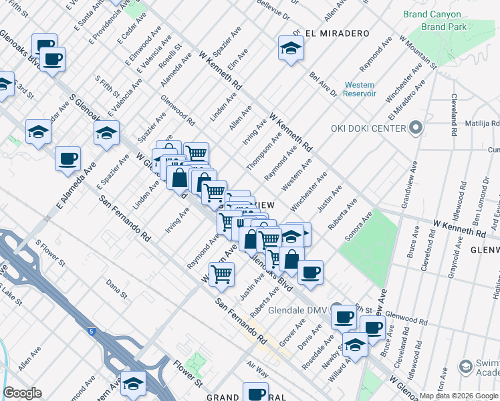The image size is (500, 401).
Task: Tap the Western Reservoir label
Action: [x=360, y=89]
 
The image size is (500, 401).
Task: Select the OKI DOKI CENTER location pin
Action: [x=416, y=127]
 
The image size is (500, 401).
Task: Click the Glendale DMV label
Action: [x=301, y=311]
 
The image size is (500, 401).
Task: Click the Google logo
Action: [x=23, y=393]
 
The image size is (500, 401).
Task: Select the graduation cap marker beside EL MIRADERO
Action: [x=291, y=49]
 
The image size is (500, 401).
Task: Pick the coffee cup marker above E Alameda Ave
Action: [x=68, y=160]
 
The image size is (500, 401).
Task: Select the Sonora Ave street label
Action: [x=357, y=227]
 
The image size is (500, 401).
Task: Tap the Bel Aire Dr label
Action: [x=323, y=84]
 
